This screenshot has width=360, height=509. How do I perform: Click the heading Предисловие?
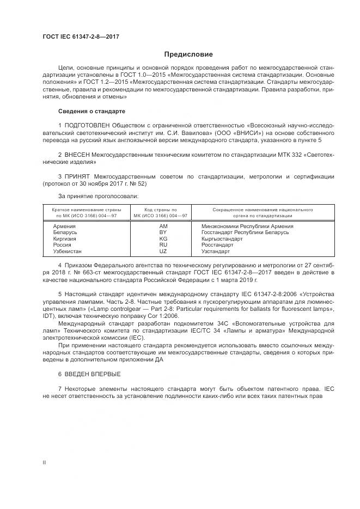(189, 54)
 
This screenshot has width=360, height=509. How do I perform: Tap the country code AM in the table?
(163, 225)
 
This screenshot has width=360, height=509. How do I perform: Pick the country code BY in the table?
(163, 232)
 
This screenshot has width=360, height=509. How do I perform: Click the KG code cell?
(163, 238)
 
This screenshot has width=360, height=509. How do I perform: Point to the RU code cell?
(163, 245)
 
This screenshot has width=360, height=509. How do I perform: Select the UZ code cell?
(163, 252)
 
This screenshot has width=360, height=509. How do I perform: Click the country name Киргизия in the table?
(65, 238)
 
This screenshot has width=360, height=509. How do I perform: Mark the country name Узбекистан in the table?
(68, 252)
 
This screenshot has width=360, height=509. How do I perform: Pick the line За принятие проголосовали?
(99, 195)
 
